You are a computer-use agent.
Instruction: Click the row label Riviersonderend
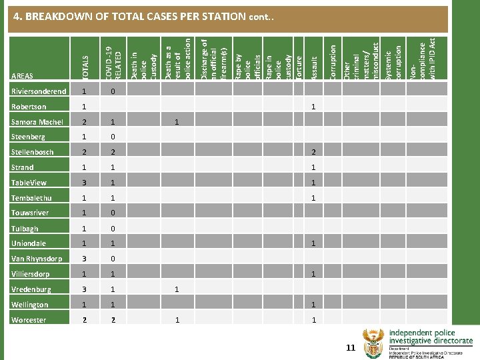38,91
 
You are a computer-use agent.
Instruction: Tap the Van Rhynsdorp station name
37,259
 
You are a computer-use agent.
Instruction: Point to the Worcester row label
29,320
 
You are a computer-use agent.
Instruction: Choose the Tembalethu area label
31,198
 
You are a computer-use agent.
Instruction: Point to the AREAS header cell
22,76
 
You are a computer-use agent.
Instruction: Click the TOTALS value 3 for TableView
83,183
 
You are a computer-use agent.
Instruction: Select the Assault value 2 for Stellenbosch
313,152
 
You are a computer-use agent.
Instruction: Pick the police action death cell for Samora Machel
177,122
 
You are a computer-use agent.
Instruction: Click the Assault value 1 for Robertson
313,107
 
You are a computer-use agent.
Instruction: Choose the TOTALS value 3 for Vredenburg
83,289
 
